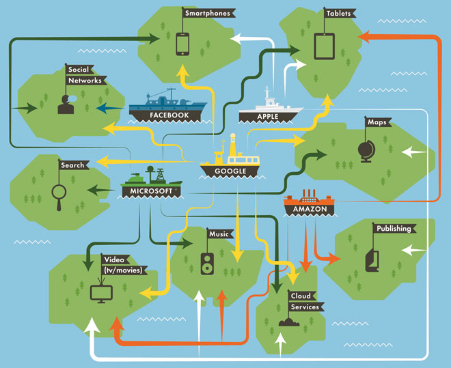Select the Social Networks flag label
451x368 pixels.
click(85, 75)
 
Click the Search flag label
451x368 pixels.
click(72, 165)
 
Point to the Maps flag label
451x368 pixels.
click(377, 123)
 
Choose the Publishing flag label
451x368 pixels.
click(394, 229)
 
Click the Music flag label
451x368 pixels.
click(219, 234)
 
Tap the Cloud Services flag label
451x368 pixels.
click(303, 301)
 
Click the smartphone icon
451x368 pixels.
click(182, 44)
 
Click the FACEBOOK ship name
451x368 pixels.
click(169, 115)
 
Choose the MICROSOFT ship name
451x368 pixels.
click(151, 191)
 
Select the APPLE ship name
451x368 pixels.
click(268, 117)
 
